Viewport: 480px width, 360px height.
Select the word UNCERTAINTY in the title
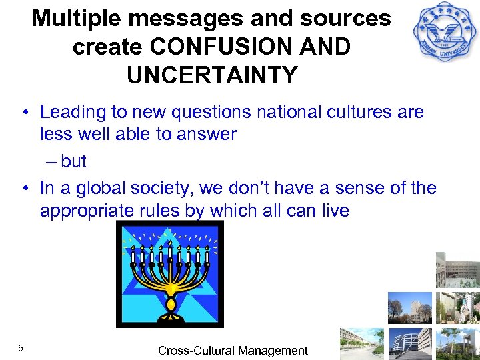(x=212, y=75)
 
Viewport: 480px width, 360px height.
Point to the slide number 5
(x=21, y=348)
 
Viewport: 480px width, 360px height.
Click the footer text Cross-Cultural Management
(x=233, y=350)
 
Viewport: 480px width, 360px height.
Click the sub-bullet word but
(x=74, y=161)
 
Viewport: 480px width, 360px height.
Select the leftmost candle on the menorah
(x=133, y=256)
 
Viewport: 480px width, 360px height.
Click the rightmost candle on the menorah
(x=207, y=256)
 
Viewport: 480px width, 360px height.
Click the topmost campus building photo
(x=458, y=271)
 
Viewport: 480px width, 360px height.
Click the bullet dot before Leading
(x=24, y=112)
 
